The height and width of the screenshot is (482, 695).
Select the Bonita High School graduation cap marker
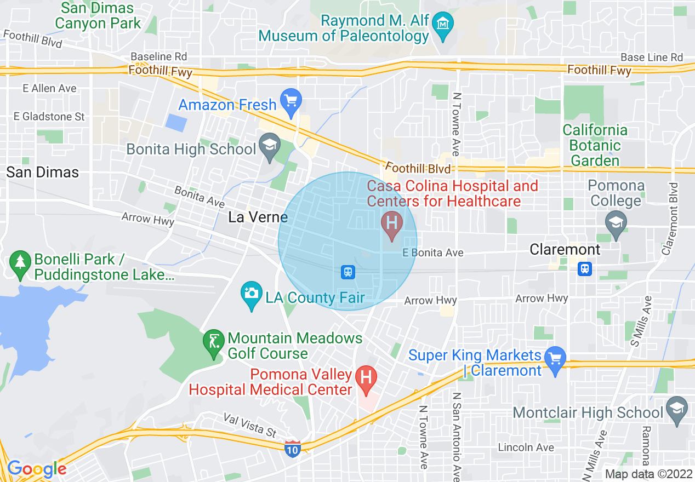[x=270, y=147]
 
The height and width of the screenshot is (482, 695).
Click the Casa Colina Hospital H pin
[x=391, y=224]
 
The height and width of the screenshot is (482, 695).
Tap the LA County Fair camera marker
[x=252, y=294]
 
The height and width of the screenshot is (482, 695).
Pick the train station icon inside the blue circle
[x=347, y=271]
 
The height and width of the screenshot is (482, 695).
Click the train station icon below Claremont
[x=585, y=268]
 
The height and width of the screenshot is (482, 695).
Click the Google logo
[x=37, y=469]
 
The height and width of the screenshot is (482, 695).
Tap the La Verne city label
[x=258, y=217]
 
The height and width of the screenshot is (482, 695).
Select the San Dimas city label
[x=43, y=172]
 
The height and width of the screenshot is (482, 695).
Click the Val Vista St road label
[x=250, y=425]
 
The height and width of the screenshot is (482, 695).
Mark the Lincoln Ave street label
[x=526, y=447]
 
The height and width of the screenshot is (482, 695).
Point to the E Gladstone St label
[x=49, y=117]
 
